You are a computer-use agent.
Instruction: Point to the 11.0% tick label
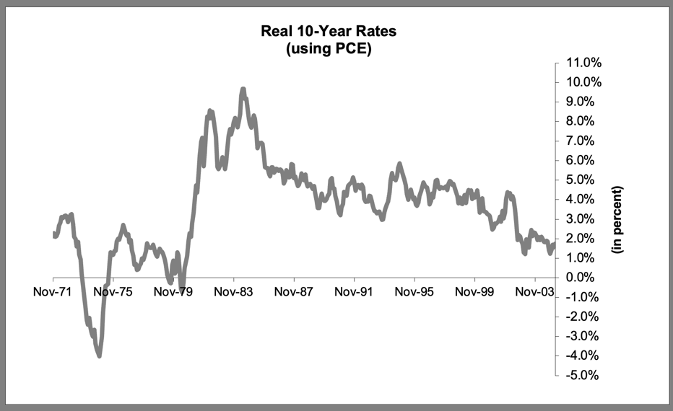(581, 62)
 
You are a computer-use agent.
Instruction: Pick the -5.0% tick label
(580, 376)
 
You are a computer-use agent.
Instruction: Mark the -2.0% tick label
(580, 317)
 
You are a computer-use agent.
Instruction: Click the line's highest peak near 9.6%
(243, 89)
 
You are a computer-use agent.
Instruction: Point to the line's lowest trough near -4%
(99, 355)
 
